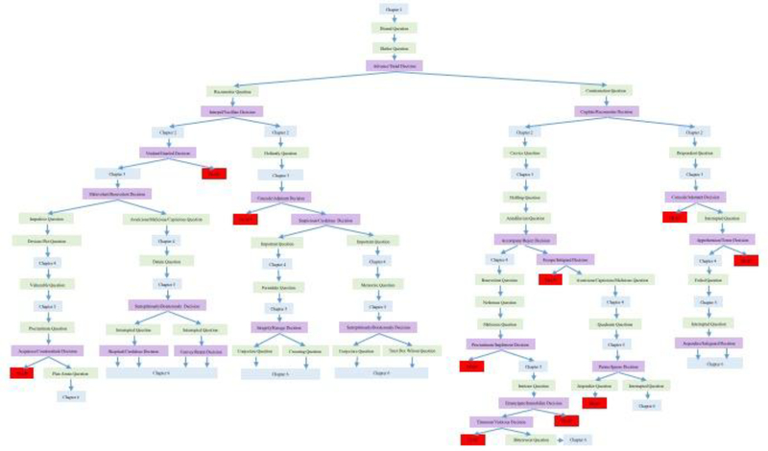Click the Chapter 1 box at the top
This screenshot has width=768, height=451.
click(394, 8)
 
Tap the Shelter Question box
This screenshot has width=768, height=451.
click(394, 46)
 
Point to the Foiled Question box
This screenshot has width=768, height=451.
click(708, 280)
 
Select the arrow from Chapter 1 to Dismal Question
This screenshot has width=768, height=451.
click(394, 17)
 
